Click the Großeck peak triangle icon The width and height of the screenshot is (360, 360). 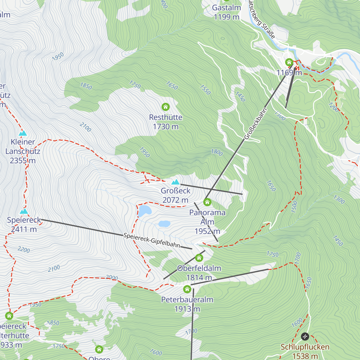tap(175, 182)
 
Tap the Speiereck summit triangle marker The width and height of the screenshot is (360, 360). tap(24, 211)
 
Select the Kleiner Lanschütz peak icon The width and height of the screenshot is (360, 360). tap(23, 133)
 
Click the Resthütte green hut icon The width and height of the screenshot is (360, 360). tap(166, 107)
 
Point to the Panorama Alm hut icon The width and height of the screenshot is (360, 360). tap(207, 202)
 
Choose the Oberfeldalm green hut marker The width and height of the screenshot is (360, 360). tap(199, 258)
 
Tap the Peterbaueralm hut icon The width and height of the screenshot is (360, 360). tap(187, 289)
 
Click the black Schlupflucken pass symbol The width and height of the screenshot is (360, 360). tap(305, 336)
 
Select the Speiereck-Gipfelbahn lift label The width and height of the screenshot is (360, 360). tap(152, 240)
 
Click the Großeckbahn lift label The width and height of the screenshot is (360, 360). tap(255, 124)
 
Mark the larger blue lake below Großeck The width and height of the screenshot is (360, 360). tap(145, 211)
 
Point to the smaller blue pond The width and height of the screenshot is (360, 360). tap(164, 224)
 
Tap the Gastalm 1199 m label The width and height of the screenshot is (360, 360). tap(226, 12)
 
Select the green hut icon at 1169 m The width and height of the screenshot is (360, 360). tap(289, 62)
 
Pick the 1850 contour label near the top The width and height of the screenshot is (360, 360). tap(86, 86)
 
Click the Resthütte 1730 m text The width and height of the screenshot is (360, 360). tap(166, 122)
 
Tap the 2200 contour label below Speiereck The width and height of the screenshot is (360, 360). tap(24, 249)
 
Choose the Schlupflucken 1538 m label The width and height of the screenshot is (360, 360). tap(305, 352)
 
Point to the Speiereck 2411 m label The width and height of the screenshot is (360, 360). tap(24, 224)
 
